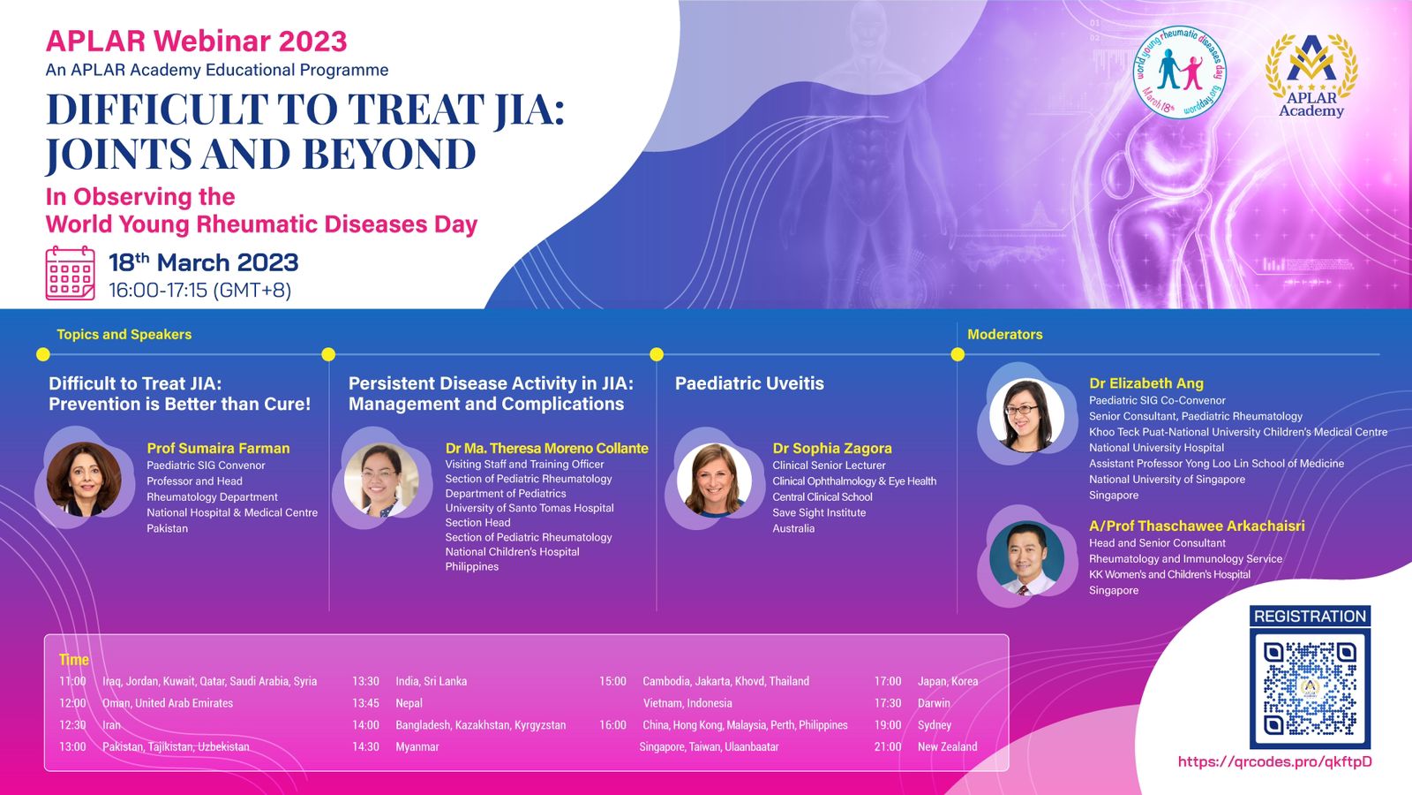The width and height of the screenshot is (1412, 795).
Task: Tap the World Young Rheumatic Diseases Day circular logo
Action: coord(1179,72)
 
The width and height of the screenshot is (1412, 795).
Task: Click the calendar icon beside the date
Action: coord(70,273)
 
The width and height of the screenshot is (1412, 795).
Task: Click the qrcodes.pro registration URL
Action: coord(1274,761)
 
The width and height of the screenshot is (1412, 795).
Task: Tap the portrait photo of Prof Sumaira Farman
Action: coord(84,479)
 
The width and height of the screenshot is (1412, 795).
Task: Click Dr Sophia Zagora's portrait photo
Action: coord(714,480)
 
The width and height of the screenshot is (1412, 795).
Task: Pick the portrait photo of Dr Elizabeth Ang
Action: coord(1027,414)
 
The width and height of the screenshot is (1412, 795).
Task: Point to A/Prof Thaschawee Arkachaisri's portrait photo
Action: coord(1027,557)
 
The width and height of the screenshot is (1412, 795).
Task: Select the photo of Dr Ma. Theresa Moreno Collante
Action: coord(381,480)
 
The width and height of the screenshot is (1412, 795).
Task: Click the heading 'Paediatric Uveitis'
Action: coord(749,383)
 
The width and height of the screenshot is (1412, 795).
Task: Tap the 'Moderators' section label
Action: coord(1005,335)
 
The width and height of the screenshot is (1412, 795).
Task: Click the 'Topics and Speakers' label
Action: coord(124,335)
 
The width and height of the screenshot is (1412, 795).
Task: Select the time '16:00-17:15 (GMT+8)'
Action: coord(199,291)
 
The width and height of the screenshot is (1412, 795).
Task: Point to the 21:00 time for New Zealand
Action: coord(888,746)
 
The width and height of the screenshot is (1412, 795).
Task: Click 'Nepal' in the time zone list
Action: coord(409,703)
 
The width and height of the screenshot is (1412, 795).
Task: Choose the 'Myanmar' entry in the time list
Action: coord(417,746)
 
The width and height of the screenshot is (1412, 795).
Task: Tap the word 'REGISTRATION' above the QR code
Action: coord(1310,617)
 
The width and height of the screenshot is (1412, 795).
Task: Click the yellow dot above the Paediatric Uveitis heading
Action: coord(657,354)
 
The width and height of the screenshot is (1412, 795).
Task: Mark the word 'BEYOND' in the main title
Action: coord(389,154)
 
